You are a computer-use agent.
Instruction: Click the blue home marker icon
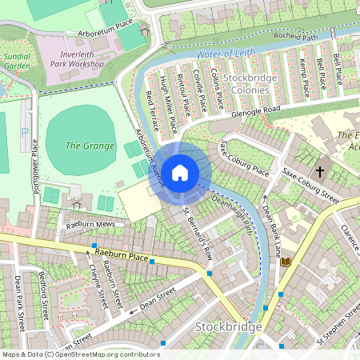(x=180, y=172)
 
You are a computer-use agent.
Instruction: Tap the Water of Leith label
(x=226, y=54)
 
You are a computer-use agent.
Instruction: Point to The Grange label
(x=83, y=146)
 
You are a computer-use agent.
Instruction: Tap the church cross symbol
(x=320, y=171)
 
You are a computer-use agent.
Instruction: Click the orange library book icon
(x=286, y=262)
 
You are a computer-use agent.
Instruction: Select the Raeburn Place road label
(x=121, y=257)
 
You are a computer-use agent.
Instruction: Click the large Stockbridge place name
(x=228, y=328)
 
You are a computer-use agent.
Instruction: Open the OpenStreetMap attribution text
(x=80, y=354)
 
